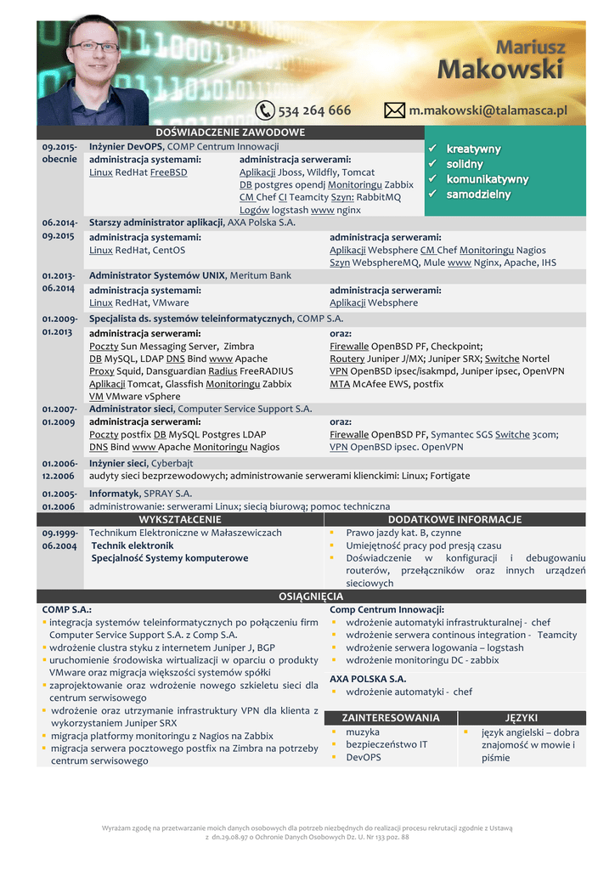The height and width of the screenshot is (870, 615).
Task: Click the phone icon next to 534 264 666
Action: coord(265,110)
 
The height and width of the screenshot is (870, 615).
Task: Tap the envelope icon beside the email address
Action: coord(395,110)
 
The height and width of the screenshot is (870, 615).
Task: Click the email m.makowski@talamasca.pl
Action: coord(488,110)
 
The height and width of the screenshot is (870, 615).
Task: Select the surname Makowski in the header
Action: coord(500,69)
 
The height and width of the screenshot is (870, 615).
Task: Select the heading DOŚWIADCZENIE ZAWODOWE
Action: coord(230,133)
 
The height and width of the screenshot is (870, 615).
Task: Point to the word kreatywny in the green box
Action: coord(473,149)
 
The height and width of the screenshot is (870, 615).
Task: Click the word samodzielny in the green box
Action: coord(478,195)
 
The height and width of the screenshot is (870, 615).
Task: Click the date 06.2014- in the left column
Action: coord(59,223)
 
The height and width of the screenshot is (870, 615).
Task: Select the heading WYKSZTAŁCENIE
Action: coord(180,519)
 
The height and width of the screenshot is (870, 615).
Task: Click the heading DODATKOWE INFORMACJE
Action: coord(454,519)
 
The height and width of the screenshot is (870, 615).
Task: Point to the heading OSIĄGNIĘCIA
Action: coord(311,596)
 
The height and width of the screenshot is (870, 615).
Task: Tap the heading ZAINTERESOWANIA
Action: coord(391,718)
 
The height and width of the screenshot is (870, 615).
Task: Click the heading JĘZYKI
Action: coord(522,718)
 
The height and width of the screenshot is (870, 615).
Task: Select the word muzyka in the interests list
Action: coord(363,732)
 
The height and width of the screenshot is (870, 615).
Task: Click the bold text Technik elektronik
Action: coord(133,545)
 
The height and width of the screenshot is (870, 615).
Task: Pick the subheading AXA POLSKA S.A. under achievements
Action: coord(368,679)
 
